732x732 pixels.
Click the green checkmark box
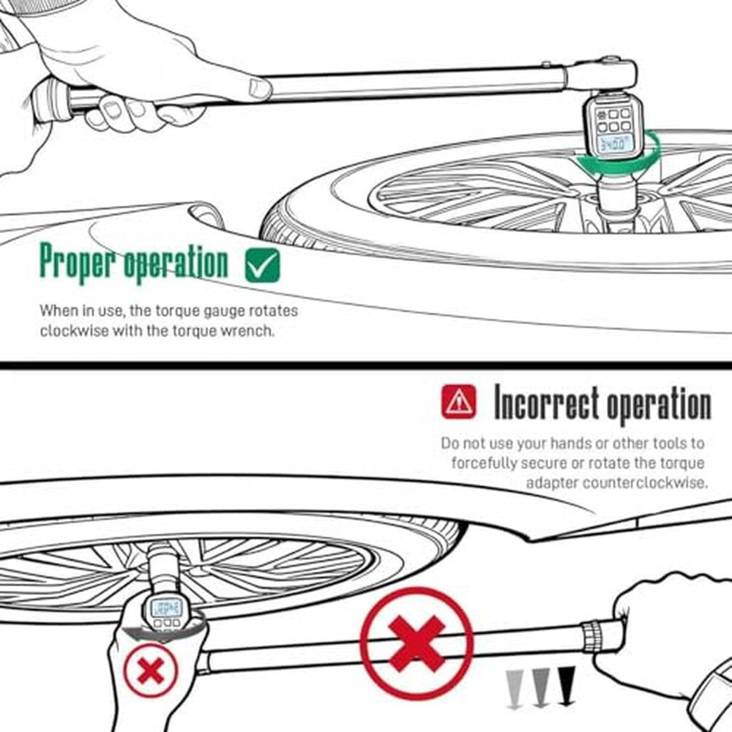[x=262, y=265]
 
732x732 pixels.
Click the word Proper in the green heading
[x=77, y=262]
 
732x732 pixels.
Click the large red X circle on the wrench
[x=417, y=643]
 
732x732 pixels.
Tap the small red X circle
[x=150, y=670]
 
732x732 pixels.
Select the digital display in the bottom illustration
[x=166, y=608]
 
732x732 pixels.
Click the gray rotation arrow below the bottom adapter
[x=163, y=630]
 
